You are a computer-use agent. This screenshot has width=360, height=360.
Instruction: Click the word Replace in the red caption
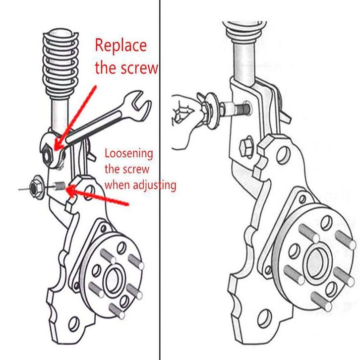pos(120,46)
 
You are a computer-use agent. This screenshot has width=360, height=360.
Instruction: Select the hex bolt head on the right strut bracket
pos(246,147)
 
